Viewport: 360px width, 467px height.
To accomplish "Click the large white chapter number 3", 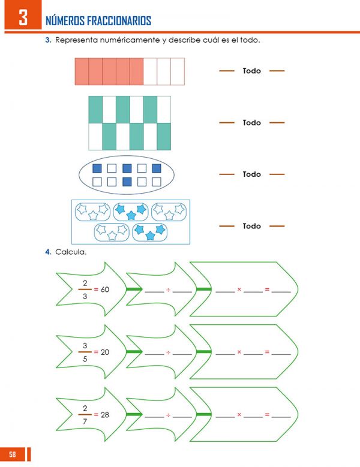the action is coord(23,17).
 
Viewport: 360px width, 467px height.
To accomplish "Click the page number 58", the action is coord(12,454).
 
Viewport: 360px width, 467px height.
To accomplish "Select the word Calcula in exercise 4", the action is coord(71,252).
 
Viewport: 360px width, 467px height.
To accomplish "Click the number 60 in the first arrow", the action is coord(105,289).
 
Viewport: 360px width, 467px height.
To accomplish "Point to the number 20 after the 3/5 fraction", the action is coord(105,352).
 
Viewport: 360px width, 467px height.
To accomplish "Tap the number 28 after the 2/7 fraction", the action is coord(105,415).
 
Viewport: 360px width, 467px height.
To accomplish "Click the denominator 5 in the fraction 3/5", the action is coord(85,359).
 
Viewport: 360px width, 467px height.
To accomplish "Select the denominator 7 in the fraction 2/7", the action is coord(85,421).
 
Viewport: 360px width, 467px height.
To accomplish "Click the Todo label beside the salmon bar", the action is coord(252,71).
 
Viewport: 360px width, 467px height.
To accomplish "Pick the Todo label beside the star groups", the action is coord(252,226).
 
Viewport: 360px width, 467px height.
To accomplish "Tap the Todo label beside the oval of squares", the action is coord(252,174).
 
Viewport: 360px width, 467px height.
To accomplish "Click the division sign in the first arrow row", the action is coord(169,290).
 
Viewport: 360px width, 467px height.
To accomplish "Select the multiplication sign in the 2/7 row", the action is coord(239,415).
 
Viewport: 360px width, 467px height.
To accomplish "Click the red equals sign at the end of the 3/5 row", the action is coord(268,352).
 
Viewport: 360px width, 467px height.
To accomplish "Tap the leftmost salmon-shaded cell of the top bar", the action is coord(82,71).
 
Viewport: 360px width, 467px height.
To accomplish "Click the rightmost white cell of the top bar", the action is coord(178,71).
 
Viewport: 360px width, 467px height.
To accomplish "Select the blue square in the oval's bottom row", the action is coord(127,182).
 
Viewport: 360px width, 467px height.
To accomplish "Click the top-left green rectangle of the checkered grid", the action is coord(95,110).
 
